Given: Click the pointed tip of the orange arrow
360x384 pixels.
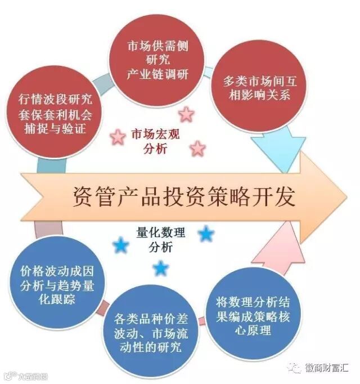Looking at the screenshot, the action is [344, 193].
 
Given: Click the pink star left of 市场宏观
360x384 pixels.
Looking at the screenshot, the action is [118, 136].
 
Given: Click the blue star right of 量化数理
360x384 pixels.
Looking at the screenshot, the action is [206, 234].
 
